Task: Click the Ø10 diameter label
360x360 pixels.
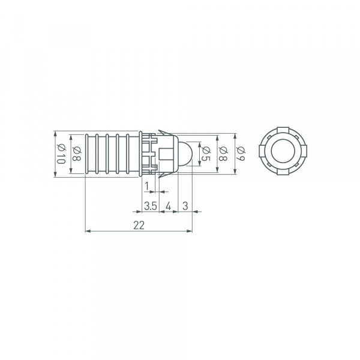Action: pyautogui.click(x=61, y=154)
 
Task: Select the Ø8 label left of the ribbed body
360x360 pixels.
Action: pyautogui.click(x=77, y=154)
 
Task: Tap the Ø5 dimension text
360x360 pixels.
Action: pyautogui.click(x=205, y=154)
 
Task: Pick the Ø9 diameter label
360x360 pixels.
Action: pyautogui.click(x=238, y=154)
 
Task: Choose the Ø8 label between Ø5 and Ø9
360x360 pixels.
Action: pyautogui.click(x=222, y=154)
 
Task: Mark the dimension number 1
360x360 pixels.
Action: pyautogui.click(x=147, y=187)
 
